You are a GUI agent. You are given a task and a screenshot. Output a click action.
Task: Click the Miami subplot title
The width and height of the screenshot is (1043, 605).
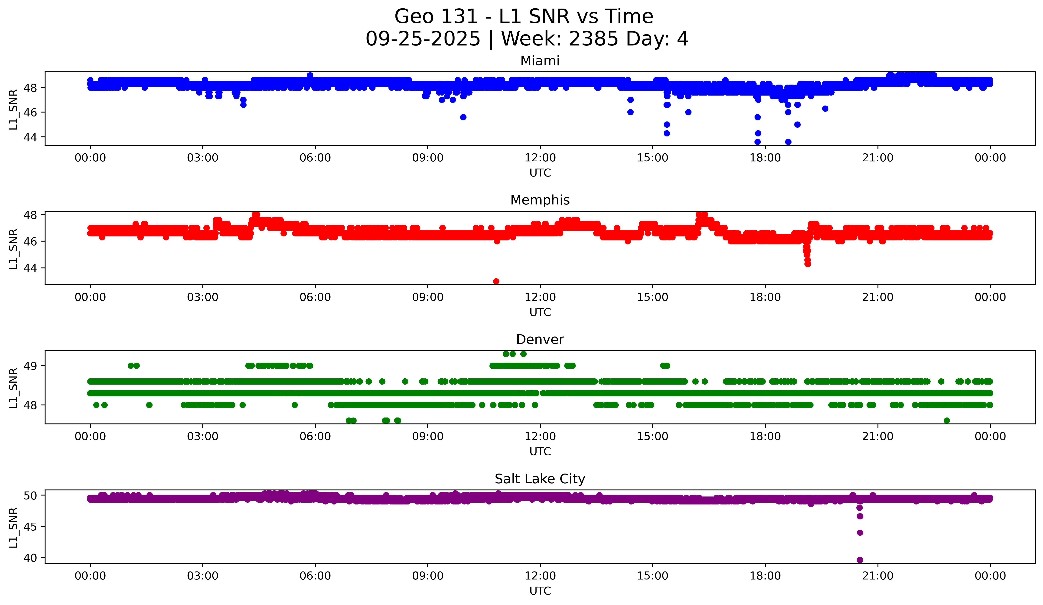pos(540,61)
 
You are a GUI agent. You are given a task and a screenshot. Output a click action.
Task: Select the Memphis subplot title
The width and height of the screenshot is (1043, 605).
pos(540,200)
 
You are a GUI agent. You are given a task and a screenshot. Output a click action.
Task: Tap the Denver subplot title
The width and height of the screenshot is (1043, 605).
pos(540,340)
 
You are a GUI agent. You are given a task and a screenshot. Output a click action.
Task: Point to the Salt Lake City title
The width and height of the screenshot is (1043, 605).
pos(540,479)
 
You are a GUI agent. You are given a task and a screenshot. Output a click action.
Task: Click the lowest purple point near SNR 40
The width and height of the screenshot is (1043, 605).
pos(860,560)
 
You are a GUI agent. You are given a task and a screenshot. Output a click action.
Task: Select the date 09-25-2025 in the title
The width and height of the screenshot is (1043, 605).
pos(423,39)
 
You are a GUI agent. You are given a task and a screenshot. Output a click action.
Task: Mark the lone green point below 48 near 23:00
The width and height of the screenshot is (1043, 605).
pos(947,420)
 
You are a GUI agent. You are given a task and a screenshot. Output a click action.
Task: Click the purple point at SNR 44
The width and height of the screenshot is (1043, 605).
pos(860,533)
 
